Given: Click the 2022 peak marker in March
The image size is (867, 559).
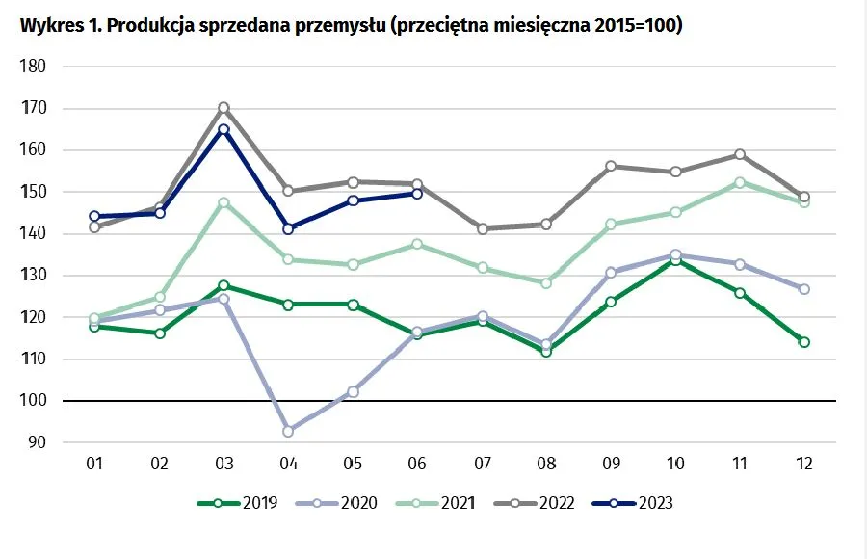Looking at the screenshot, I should [x=223, y=108].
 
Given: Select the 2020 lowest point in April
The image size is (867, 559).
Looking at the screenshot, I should [x=288, y=431].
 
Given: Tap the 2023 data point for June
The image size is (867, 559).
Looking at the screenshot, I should [x=417, y=194].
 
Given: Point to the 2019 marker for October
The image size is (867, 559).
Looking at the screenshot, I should [x=675, y=259].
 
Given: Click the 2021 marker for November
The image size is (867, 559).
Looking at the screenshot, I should [x=740, y=182].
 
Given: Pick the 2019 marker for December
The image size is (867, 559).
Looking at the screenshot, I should [x=804, y=342].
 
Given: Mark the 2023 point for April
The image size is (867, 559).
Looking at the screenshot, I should [x=288, y=228].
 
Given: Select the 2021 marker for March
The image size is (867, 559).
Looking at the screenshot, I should [x=223, y=202].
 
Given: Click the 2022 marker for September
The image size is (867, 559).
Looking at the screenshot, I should [x=611, y=166].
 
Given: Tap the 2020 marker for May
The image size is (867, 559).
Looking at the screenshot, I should [x=353, y=391].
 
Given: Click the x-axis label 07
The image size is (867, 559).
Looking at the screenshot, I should [x=482, y=464].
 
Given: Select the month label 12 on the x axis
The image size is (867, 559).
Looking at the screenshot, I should [x=804, y=464].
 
